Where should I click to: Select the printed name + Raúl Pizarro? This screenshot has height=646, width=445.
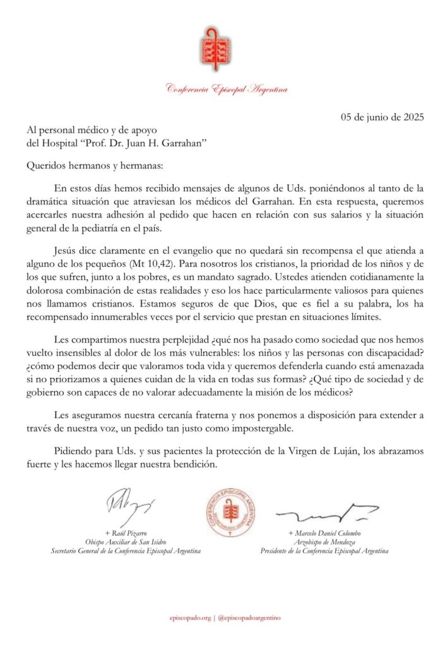126,533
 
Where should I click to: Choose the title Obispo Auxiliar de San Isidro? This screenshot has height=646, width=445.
126,542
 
